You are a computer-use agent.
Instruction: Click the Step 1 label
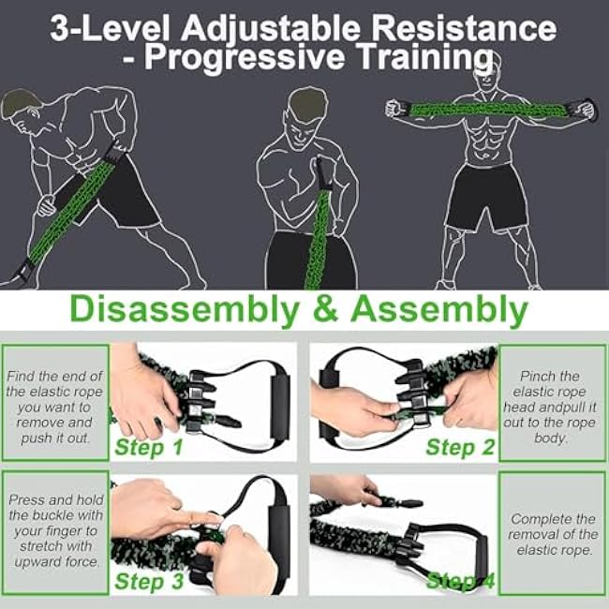click(x=149, y=447)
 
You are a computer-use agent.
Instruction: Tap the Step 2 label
click(x=460, y=447)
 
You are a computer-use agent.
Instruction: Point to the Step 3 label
click(x=149, y=582)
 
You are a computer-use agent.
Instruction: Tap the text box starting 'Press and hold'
click(x=54, y=532)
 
